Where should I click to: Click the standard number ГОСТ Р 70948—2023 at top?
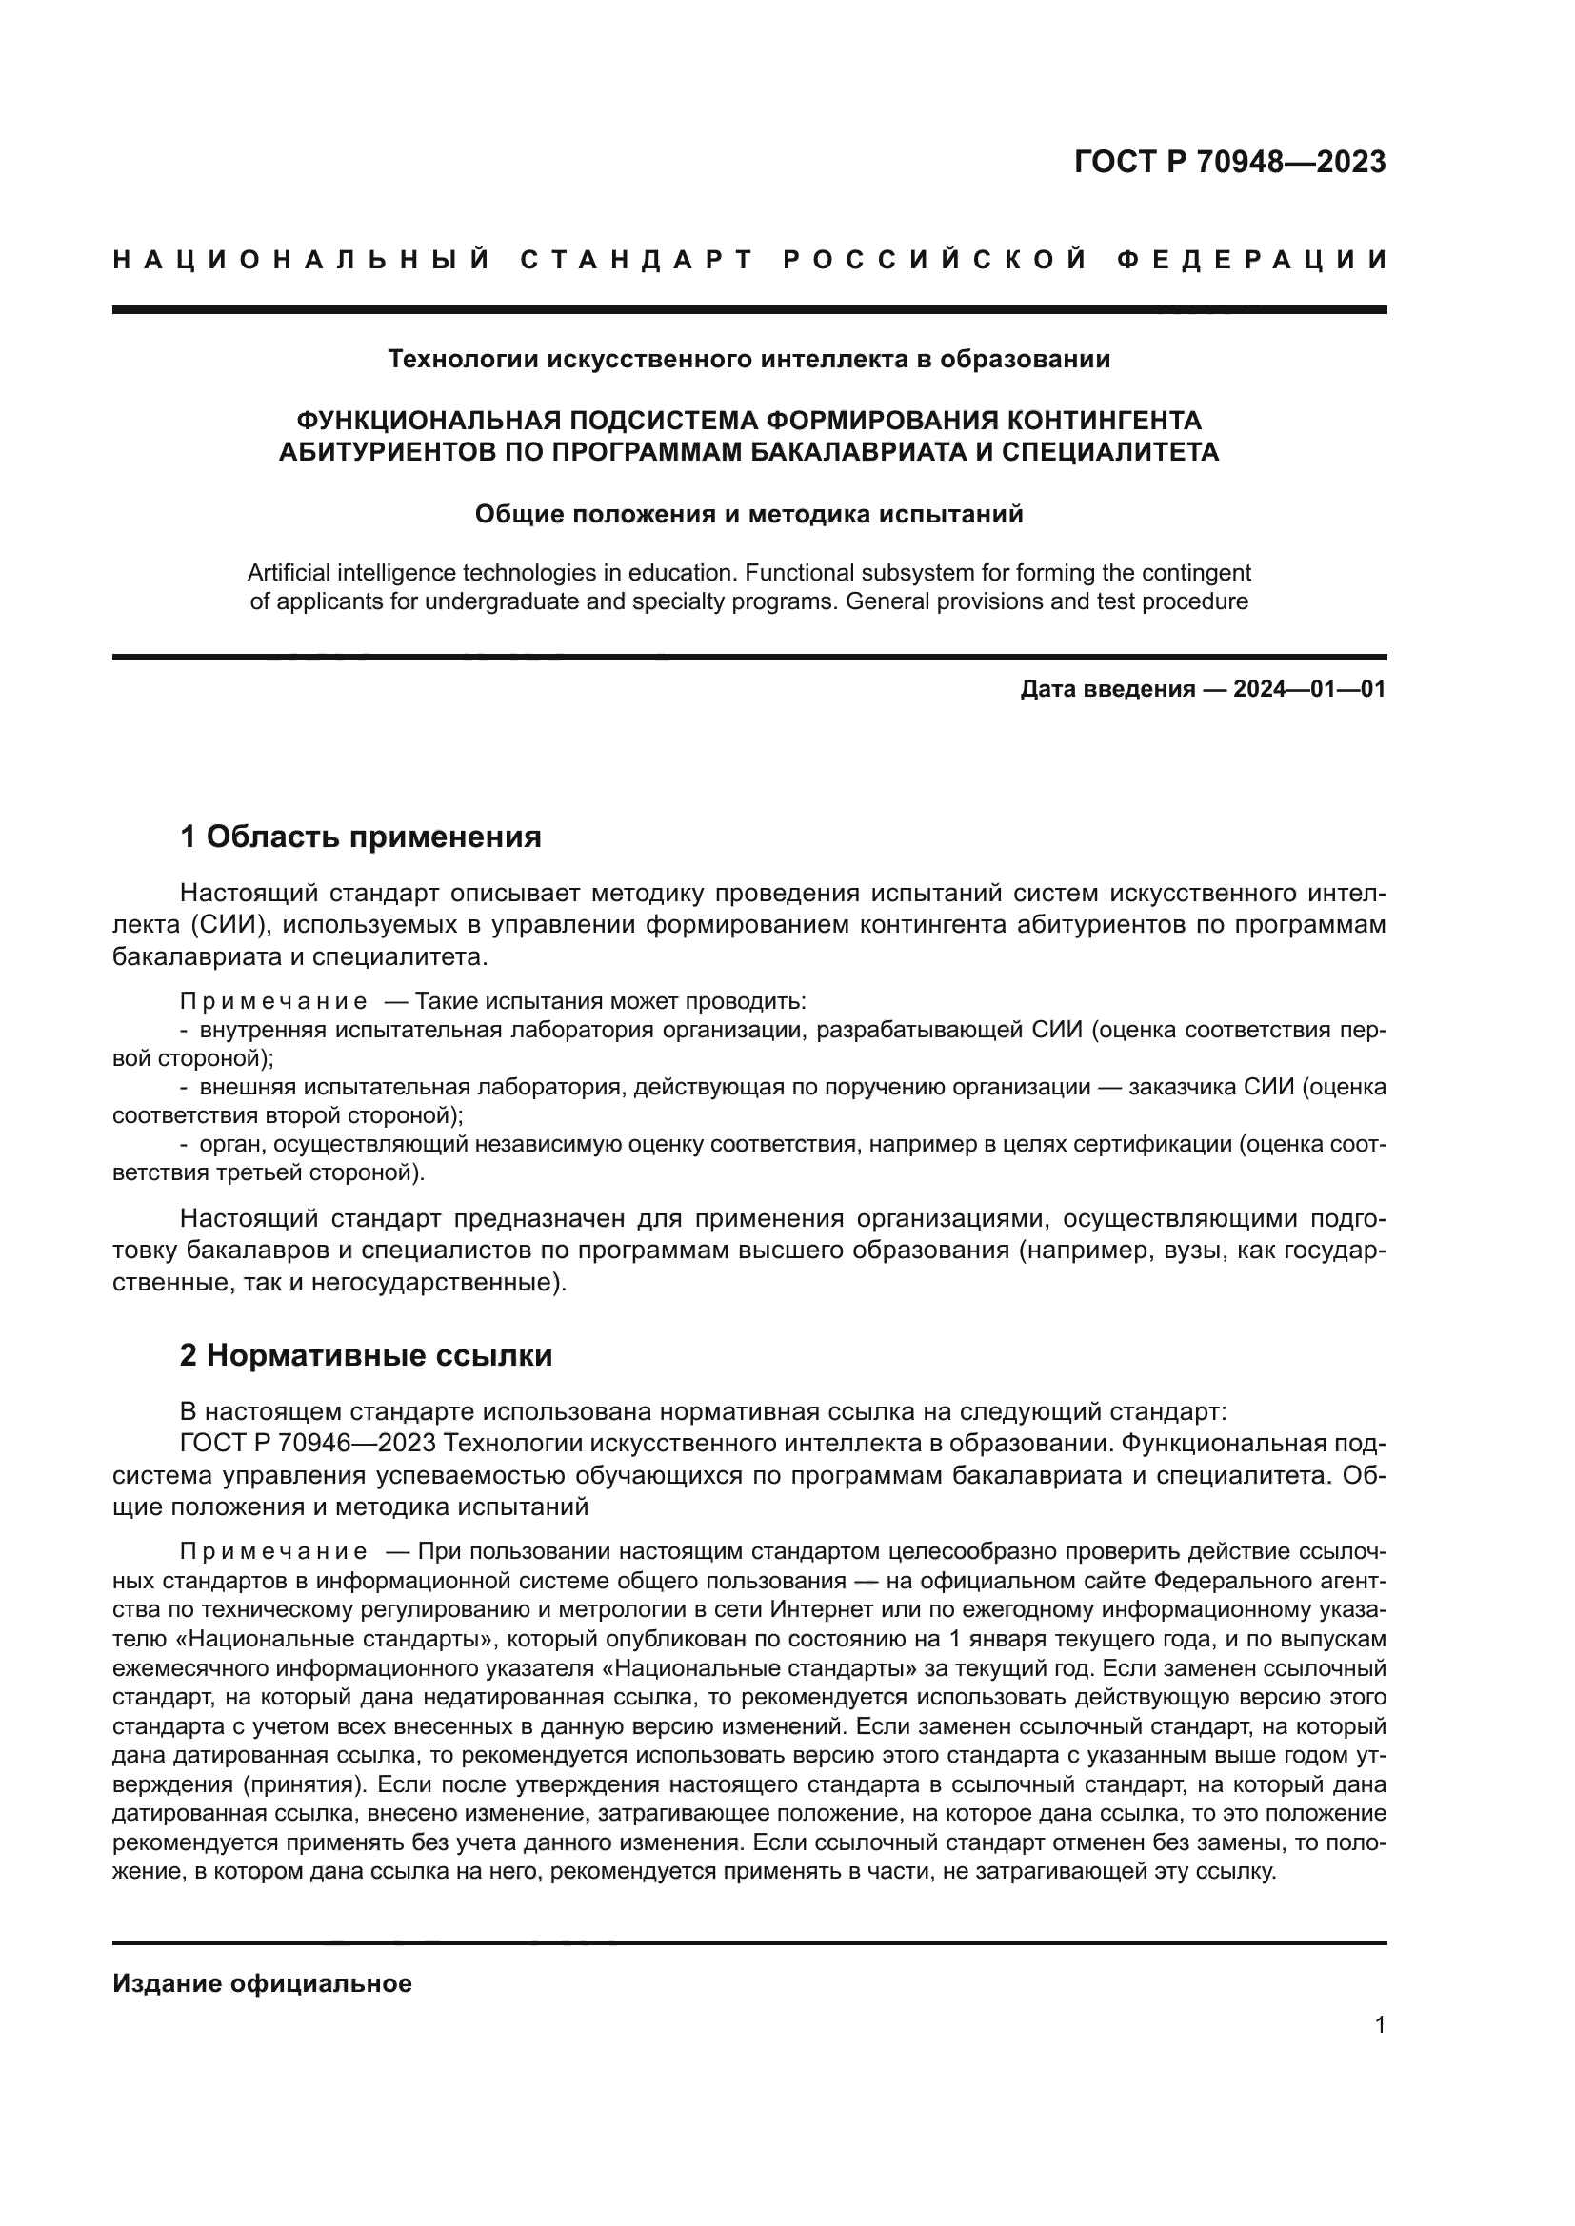pyautogui.click(x=1229, y=162)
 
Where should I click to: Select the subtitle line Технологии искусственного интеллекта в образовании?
pyautogui.click(x=748, y=360)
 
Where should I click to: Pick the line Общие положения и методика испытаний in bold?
pyautogui.click(x=748, y=515)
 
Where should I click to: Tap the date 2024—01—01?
pyautogui.click(x=1309, y=689)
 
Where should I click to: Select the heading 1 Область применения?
pyautogui.click(x=361, y=836)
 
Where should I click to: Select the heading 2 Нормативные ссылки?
pyautogui.click(x=366, y=1355)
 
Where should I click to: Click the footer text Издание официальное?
pyautogui.click(x=262, y=1983)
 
